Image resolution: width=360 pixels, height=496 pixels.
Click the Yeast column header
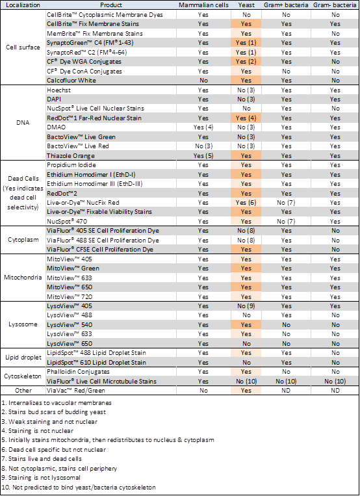click(246, 5)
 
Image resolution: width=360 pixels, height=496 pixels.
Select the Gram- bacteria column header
click(335, 5)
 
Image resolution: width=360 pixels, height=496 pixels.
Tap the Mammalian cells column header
click(203, 5)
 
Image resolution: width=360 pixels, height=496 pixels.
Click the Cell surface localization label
click(23, 47)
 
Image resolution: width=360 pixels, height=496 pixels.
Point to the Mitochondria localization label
click(23, 278)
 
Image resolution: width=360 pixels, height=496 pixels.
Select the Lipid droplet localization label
click(23, 358)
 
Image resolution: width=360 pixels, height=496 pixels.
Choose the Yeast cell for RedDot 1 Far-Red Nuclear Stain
click(246, 118)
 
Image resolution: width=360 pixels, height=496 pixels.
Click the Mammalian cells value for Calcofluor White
click(203, 81)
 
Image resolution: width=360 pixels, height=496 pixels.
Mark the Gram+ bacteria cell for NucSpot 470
click(286, 221)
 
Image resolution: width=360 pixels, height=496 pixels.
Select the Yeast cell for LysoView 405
click(246, 306)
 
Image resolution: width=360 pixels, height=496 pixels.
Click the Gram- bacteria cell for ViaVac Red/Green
click(335, 390)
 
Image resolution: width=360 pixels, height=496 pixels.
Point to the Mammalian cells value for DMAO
click(203, 127)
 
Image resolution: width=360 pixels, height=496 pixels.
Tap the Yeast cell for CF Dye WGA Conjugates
click(246, 61)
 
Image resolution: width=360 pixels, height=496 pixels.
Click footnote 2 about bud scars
click(54, 412)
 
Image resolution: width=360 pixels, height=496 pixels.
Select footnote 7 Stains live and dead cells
click(42, 459)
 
